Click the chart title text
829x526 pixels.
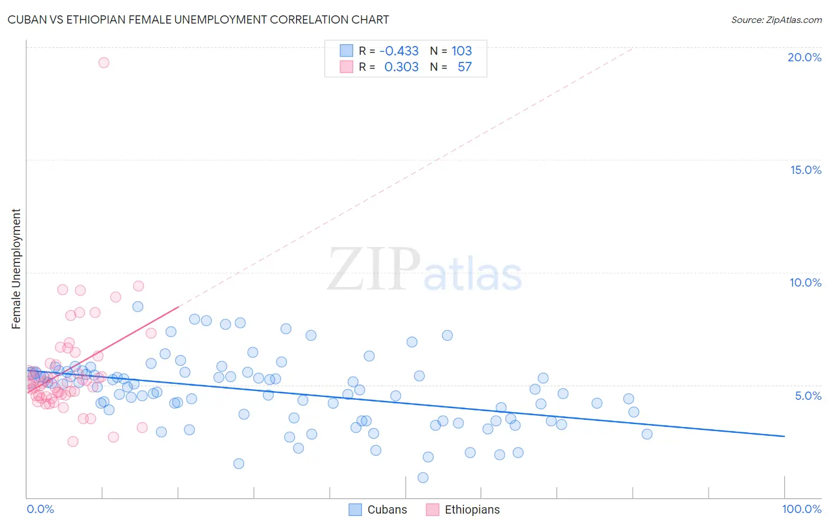pos(198,19)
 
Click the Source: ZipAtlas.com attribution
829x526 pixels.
pos(776,19)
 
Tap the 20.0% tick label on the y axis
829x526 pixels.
pos(804,57)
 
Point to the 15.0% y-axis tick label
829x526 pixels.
pos(805,170)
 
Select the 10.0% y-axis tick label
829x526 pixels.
pos(805,282)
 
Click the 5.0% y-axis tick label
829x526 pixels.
pos(808,396)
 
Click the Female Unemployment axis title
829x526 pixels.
pos(16,269)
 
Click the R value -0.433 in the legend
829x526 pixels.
pos(399,51)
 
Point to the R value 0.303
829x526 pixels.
pos(401,67)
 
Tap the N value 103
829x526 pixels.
pos(462,51)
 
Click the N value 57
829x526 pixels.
pos(465,67)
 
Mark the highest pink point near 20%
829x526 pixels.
pos(104,63)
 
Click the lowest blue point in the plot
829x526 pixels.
pos(423,478)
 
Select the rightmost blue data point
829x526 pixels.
pos(647,434)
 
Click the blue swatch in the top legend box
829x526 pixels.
pos(346,51)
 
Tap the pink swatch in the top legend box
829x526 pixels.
pos(346,67)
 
